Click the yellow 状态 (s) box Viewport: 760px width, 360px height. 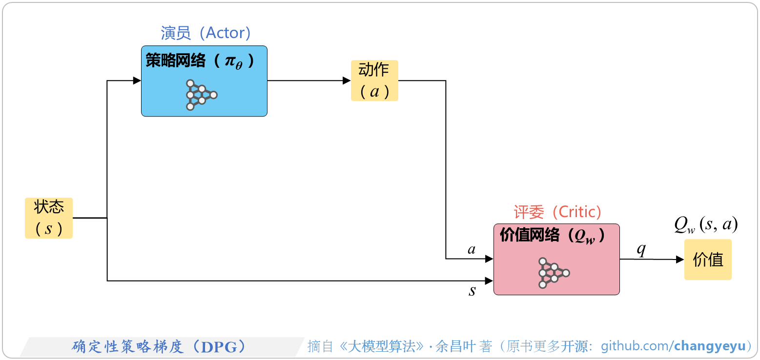pos(49,218)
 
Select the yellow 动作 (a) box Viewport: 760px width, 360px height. pos(374,80)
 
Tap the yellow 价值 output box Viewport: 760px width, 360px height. pos(708,260)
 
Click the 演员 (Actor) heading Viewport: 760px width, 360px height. pos(205,33)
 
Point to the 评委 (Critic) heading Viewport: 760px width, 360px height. pos(557,212)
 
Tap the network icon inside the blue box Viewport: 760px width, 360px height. pos(201,95)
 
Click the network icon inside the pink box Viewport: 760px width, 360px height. pos(553,273)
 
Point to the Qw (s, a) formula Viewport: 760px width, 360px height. pos(706,225)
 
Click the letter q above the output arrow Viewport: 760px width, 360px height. pos(641,249)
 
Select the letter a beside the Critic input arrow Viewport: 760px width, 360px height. pos(472,250)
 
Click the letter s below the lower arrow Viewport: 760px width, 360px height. pos(472,291)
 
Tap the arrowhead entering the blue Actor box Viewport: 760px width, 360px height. pos(137,81)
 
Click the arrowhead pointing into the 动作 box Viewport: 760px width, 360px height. pos(347,81)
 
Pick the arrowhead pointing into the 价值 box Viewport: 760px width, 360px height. pos(680,260)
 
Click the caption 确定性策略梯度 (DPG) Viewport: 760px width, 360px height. pos(159,346)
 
